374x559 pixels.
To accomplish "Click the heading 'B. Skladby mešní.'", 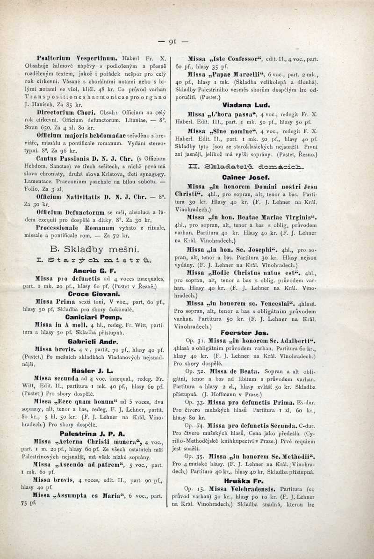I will (92, 248).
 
